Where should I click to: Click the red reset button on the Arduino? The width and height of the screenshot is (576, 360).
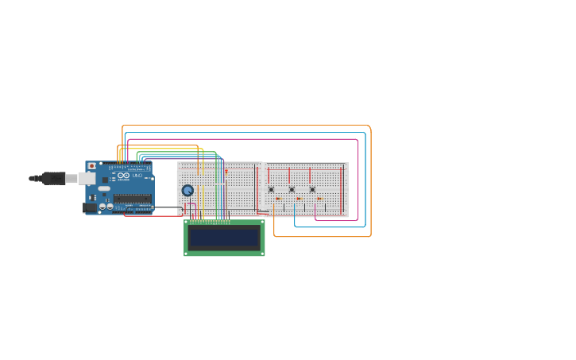pyautogui.click(x=91, y=166)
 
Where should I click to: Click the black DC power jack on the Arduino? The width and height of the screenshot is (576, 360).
pyautogui.click(x=90, y=207)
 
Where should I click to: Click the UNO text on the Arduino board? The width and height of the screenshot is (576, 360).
pyautogui.click(x=137, y=175)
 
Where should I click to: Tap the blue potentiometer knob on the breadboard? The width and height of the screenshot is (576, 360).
pyautogui.click(x=187, y=190)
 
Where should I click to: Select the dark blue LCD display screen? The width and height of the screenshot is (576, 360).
pyautogui.click(x=224, y=238)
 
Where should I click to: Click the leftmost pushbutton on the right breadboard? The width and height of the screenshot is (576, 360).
pyautogui.click(x=271, y=189)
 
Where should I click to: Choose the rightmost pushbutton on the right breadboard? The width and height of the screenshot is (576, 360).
pyautogui.click(x=312, y=189)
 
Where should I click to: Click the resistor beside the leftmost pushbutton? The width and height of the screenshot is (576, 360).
pyautogui.click(x=278, y=199)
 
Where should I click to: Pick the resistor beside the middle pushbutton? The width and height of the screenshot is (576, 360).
pyautogui.click(x=299, y=199)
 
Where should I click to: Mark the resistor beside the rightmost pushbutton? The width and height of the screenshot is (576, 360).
pyautogui.click(x=319, y=199)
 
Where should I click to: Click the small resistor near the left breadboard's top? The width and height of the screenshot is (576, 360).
pyautogui.click(x=226, y=171)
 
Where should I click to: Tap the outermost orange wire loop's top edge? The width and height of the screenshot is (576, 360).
pyautogui.click(x=246, y=125)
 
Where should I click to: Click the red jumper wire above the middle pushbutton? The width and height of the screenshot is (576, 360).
pyautogui.click(x=289, y=175)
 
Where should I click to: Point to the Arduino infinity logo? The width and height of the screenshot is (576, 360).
pyautogui.click(x=123, y=175)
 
